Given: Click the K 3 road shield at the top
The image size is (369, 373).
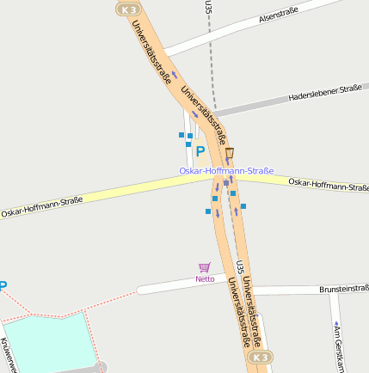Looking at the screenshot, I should point(128,9).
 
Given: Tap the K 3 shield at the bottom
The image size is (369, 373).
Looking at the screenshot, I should point(262,357).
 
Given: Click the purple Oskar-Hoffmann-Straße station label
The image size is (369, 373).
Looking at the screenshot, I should point(226,171).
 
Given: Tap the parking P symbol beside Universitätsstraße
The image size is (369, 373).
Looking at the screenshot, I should point(200,151).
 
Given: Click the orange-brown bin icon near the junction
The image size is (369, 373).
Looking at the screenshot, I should point(230,153).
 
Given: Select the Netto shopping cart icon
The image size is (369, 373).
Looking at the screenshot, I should point(204,267).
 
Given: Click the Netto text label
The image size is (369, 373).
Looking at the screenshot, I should point(205,278).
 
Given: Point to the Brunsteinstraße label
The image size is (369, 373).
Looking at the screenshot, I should point(343,290).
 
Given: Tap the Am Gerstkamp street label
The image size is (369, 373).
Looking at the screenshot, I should point(338,348).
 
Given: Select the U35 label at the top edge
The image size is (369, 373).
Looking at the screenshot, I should point(208,7).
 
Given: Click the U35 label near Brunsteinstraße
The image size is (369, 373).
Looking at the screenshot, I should point(240,269).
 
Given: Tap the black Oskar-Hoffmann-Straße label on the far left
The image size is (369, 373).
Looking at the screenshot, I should point(41,206).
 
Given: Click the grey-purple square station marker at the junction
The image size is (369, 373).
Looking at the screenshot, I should point(226,183).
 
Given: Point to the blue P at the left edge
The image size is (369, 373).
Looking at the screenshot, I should point(3,286).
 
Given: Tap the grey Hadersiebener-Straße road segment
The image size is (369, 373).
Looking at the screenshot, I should point(249,106).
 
